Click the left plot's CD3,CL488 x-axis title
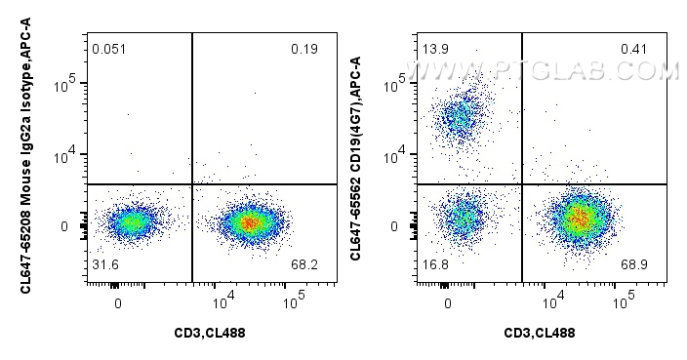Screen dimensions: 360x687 (209, 333)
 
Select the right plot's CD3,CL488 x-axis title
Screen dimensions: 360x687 (539, 333)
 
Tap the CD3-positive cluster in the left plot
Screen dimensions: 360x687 (249, 222)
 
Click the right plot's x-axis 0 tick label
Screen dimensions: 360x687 (448, 302)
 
